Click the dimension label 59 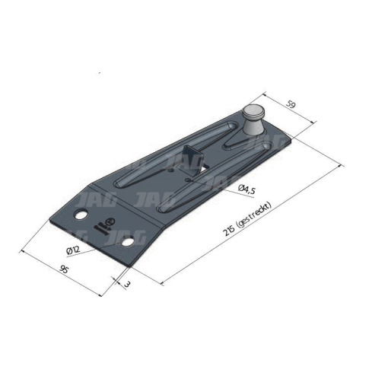pos(291,104)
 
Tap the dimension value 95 pos(64,269)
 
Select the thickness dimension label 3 pos(127,285)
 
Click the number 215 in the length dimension pos(229,231)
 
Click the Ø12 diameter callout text pos(73,250)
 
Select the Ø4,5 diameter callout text pos(247,189)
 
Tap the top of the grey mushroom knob pos(253,110)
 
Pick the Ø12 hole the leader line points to pos(127,241)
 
